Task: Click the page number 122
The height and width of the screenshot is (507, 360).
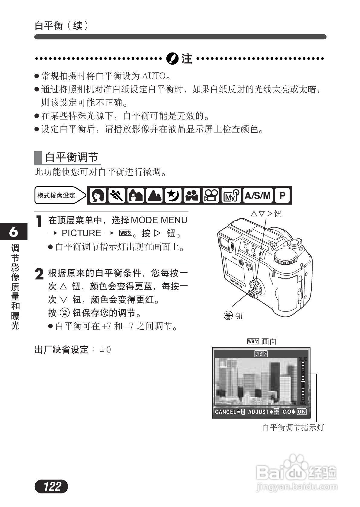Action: [52, 486]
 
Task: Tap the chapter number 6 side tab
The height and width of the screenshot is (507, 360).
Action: [14, 231]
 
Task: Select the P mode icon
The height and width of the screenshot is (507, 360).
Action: [282, 196]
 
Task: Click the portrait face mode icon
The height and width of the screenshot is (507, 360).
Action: [98, 196]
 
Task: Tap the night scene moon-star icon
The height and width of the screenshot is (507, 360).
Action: [173, 196]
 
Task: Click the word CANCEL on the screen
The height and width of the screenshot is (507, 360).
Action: [225, 412]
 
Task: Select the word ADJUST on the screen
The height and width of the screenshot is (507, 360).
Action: [258, 412]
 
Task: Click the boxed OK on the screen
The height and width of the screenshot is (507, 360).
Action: [301, 412]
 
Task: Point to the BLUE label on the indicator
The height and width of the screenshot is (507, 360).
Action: [303, 359]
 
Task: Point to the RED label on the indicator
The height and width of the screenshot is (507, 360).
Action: [303, 403]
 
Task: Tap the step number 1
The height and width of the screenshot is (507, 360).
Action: [39, 221]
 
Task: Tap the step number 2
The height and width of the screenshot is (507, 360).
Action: [39, 274]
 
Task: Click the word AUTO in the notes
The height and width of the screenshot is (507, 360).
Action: [154, 76]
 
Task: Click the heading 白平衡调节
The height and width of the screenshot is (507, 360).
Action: [72, 157]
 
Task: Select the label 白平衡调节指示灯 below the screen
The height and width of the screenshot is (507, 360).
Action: [293, 427]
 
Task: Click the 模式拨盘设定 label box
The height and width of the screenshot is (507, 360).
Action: [56, 196]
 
